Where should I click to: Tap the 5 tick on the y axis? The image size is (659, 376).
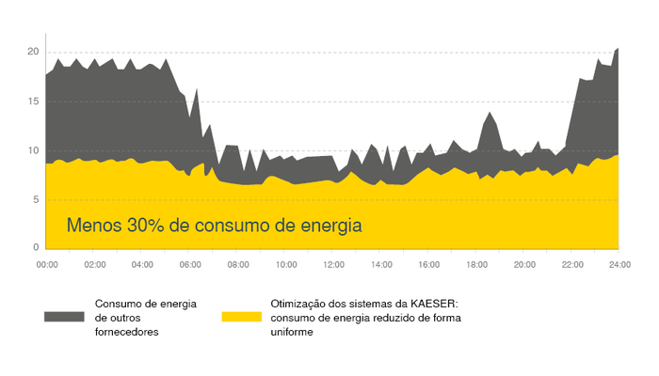34,199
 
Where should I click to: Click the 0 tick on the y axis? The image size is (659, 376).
34,247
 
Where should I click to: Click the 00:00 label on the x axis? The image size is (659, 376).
47,266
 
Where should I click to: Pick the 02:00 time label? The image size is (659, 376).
94,266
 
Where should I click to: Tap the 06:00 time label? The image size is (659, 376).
189,266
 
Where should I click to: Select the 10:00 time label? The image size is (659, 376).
285,266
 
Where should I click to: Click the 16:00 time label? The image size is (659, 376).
428,266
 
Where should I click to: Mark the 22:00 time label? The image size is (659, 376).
571,266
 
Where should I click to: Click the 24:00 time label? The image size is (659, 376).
619,266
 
